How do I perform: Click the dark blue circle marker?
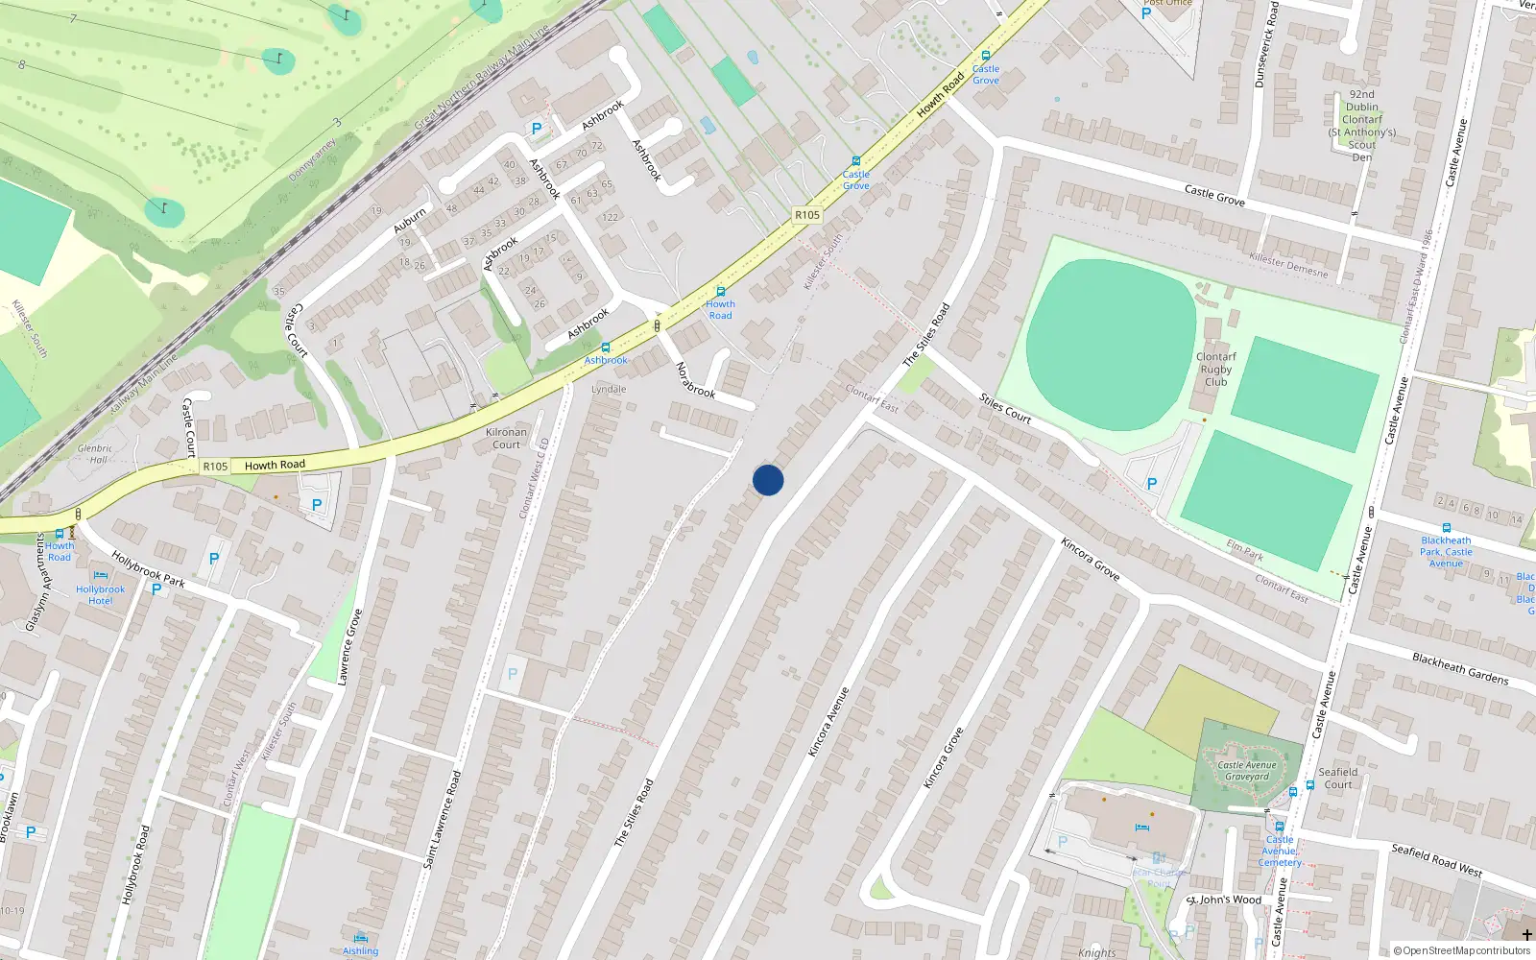click(768, 480)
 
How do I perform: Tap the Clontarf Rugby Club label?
click(1215, 369)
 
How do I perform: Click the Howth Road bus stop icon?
click(721, 292)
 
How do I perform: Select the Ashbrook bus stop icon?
click(605, 348)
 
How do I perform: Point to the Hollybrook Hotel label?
click(100, 594)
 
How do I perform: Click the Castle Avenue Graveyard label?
click(1246, 771)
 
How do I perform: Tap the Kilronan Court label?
click(506, 438)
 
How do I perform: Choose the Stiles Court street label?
click(1005, 408)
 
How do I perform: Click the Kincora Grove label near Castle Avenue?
click(1091, 558)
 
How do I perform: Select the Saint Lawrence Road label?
click(444, 819)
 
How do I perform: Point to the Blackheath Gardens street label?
click(1460, 668)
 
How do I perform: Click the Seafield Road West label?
click(1436, 859)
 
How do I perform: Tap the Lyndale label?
click(609, 389)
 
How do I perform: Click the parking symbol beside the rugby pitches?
click(1152, 484)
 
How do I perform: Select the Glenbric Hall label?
click(95, 454)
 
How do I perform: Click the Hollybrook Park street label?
click(148, 568)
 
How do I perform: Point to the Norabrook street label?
click(695, 380)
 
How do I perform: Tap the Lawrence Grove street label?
click(350, 646)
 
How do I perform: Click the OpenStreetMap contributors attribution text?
click(1461, 950)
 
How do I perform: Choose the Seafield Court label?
click(1337, 778)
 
